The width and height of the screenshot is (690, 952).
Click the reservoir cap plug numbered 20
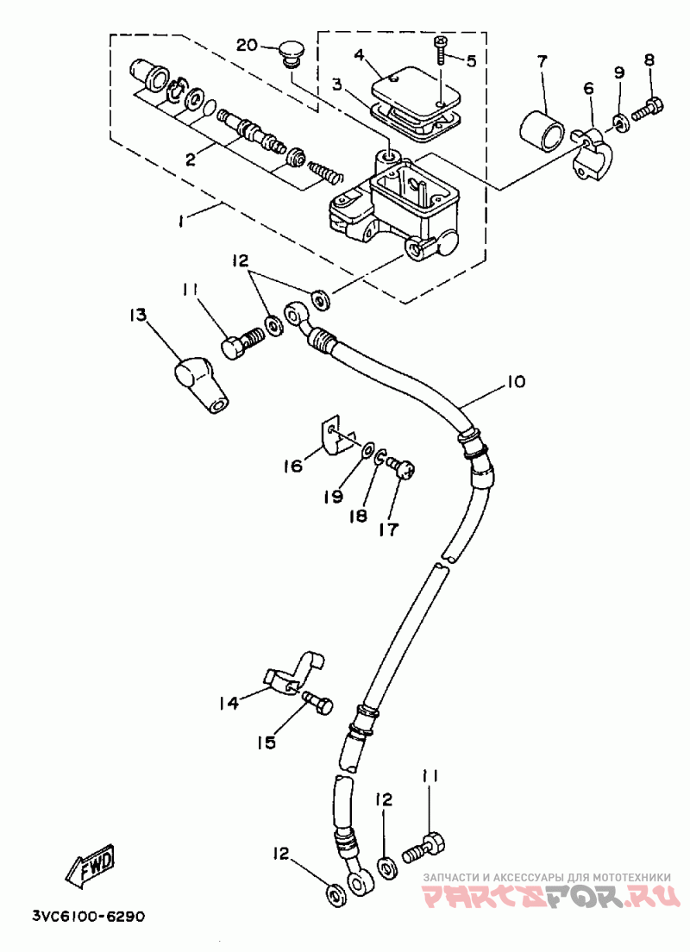292,53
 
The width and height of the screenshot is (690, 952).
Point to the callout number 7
541,60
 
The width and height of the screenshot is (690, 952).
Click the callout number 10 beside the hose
513,382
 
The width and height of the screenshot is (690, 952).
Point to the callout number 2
191,159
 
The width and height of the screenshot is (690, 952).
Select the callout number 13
138,315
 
